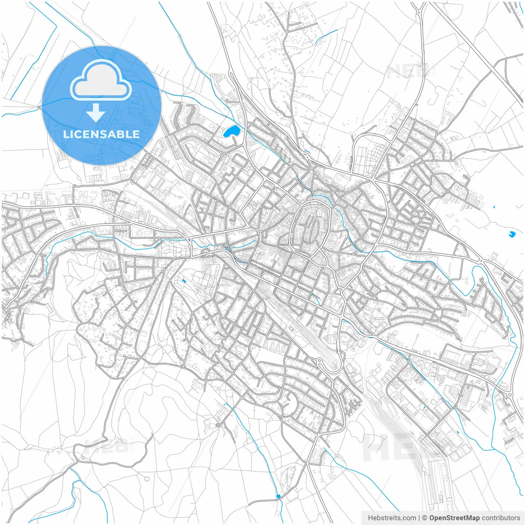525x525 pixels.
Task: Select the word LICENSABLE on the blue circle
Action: [101, 134]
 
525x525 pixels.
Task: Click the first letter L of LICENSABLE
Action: [66, 134]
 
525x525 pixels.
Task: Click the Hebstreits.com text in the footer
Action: [392, 518]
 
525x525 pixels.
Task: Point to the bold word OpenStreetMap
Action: [454, 518]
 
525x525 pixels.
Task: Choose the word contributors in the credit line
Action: [501, 518]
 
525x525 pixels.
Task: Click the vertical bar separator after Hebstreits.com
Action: [419, 518]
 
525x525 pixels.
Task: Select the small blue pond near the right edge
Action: [511, 234]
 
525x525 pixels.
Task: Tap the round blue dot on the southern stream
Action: [278, 497]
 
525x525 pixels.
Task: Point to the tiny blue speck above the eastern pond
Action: [493, 207]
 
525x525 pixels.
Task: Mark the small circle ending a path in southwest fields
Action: [147, 479]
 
